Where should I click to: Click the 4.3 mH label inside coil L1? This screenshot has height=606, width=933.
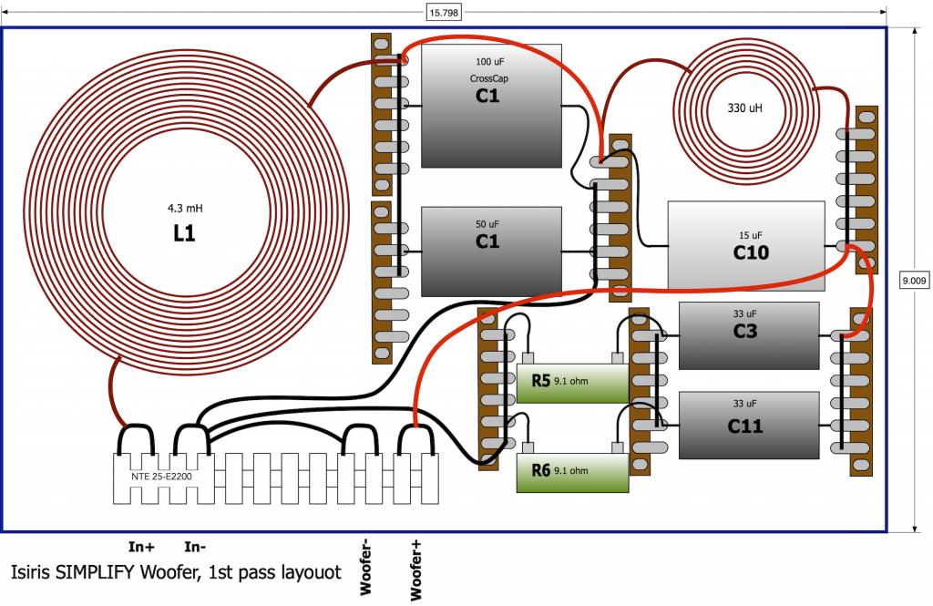pos(184,209)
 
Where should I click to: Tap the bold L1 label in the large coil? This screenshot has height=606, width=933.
pos(184,233)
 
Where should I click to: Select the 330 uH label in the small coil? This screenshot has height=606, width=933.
pos(744,108)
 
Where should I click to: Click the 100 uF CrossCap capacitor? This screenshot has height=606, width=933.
pos(491,106)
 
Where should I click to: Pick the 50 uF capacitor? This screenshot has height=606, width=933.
pos(491,252)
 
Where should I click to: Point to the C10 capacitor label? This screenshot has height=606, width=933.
pos(751,253)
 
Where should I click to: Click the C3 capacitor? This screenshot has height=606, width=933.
pos(749,335)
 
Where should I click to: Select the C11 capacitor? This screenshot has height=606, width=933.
pos(749,425)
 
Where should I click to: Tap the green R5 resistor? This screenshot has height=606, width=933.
pos(572,384)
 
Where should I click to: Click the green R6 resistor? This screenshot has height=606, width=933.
pos(572,473)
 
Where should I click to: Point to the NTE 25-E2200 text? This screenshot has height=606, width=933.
pos(161,477)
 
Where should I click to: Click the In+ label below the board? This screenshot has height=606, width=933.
pos(141,547)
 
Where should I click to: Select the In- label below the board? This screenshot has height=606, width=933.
pos(195,547)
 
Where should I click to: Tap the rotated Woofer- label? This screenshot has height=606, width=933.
pos(365,567)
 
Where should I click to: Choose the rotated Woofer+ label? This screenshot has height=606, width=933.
pos(415,570)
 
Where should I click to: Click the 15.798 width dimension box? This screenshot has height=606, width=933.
pos(444,12)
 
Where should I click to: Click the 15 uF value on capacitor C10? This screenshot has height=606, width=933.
pos(751,235)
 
